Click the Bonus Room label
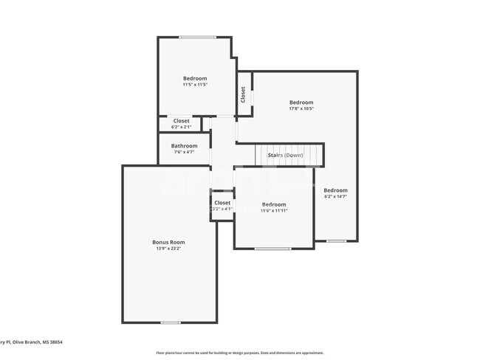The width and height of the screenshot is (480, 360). [x=168, y=242]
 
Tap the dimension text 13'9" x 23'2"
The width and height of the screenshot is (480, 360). [x=168, y=249]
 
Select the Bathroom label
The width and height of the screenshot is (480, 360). [x=185, y=145]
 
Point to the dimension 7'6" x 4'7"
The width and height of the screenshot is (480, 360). [x=185, y=152]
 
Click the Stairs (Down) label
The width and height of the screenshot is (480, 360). [x=285, y=156]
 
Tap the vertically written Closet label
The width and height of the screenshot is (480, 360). [x=243, y=94]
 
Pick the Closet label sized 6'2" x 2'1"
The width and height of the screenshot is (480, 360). [x=182, y=120]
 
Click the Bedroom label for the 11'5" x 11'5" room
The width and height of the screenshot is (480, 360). [x=195, y=78]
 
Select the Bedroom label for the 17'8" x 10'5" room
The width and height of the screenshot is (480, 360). [x=301, y=103]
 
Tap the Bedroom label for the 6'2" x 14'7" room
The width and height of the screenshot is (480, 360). [x=335, y=190]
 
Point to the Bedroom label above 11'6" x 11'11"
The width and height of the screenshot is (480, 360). [x=274, y=204]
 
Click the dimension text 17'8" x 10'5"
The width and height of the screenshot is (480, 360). [x=301, y=109]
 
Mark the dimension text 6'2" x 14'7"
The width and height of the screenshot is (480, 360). [x=335, y=197]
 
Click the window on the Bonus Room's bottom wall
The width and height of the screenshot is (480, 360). [x=171, y=322]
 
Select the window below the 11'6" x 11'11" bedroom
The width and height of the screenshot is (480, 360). [x=272, y=249]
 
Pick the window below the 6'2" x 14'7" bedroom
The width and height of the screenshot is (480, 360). [x=336, y=240]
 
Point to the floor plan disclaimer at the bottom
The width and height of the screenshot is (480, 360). [x=239, y=353]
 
